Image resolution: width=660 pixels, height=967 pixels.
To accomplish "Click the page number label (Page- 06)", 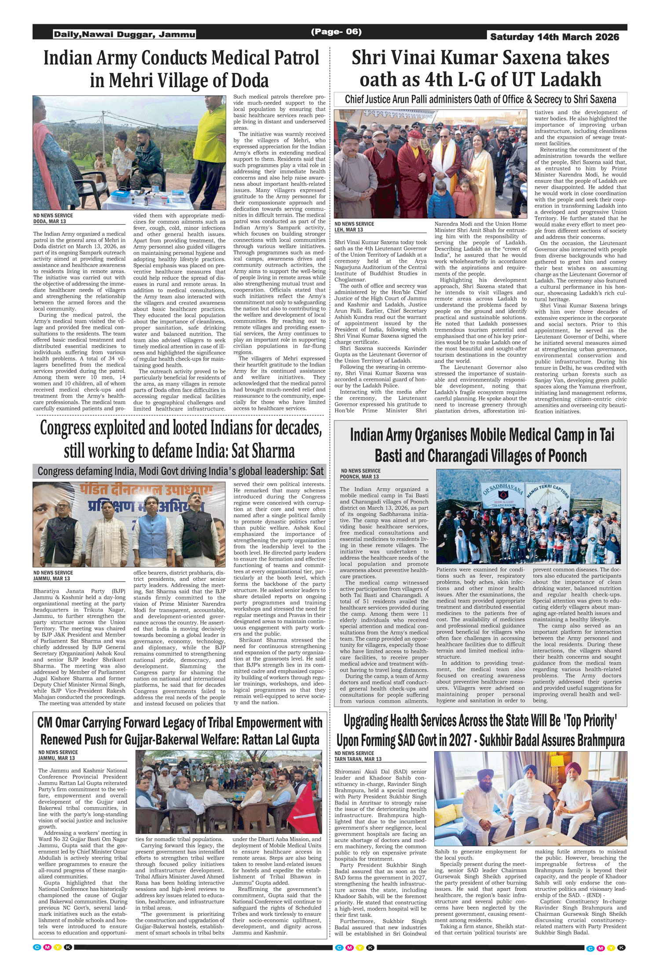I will pyautogui.click(x=336, y=32).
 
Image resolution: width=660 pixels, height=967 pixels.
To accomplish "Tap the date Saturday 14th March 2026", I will pyautogui.click(x=554, y=37).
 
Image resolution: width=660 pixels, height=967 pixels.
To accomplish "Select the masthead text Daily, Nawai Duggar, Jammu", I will pyautogui.click(x=125, y=34).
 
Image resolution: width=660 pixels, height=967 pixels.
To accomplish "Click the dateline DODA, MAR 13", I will pyautogui.click(x=50, y=221).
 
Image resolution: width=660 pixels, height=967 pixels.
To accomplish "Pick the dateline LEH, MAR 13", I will pyautogui.click(x=348, y=230).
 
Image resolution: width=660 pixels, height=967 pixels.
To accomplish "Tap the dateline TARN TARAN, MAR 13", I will pyautogui.click(x=358, y=759).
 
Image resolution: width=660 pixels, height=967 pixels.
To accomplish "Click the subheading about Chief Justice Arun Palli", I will pyautogui.click(x=480, y=100).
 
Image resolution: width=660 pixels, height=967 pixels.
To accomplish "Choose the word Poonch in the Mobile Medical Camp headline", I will pyautogui.click(x=568, y=456).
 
